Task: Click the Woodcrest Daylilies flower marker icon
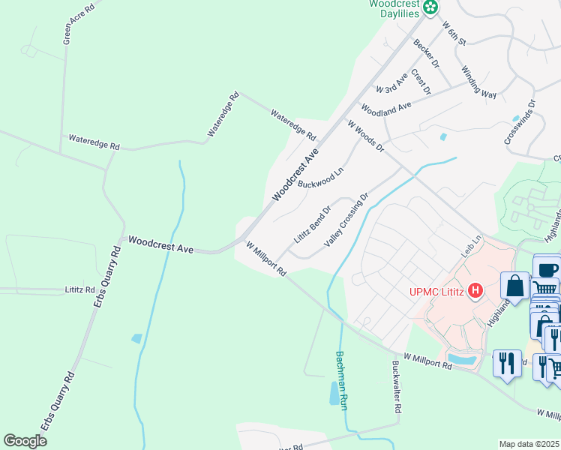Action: tap(430, 7)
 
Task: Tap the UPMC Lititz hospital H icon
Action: tap(474, 290)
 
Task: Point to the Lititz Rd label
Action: tap(79, 289)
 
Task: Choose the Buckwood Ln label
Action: tap(320, 177)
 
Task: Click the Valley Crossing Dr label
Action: tap(346, 221)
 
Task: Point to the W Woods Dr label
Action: tap(365, 135)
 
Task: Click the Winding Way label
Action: tap(478, 81)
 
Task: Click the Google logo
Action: tap(25, 441)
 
